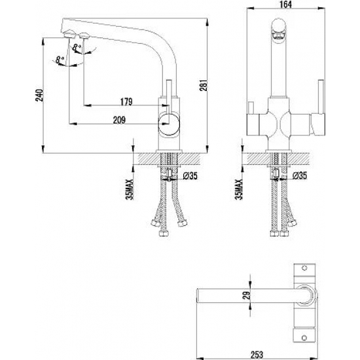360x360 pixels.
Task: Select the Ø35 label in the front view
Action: [299, 175]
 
